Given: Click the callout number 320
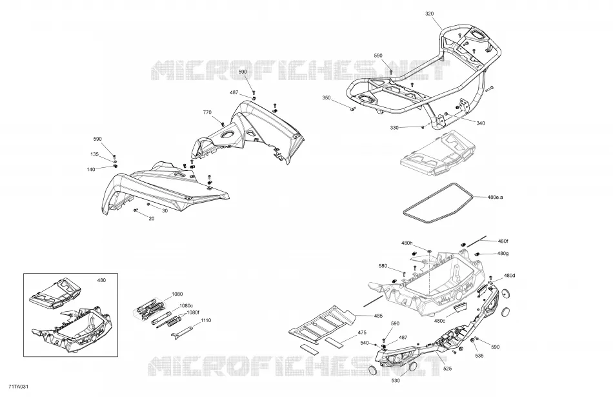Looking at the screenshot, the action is [429, 14].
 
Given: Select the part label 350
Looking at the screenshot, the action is [326, 97].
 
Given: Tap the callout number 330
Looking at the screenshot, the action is [394, 128].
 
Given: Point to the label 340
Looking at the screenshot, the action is [481, 123].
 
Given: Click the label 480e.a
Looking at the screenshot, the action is [495, 197].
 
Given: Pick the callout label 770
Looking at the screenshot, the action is [207, 113].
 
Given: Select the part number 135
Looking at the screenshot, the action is [95, 154].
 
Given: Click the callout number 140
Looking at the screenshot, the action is [91, 169].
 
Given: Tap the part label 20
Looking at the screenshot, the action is [152, 219].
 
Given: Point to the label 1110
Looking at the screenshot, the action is [206, 320].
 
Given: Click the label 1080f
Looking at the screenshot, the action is [193, 312].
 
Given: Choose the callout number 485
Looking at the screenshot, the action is [378, 316].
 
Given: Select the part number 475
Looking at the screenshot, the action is [362, 333].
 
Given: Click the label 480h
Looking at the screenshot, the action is [407, 243].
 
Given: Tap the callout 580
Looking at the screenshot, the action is [383, 266].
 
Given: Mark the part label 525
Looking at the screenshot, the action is [448, 369].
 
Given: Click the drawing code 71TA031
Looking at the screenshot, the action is [18, 387].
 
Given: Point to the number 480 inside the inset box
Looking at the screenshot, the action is [101, 280].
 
